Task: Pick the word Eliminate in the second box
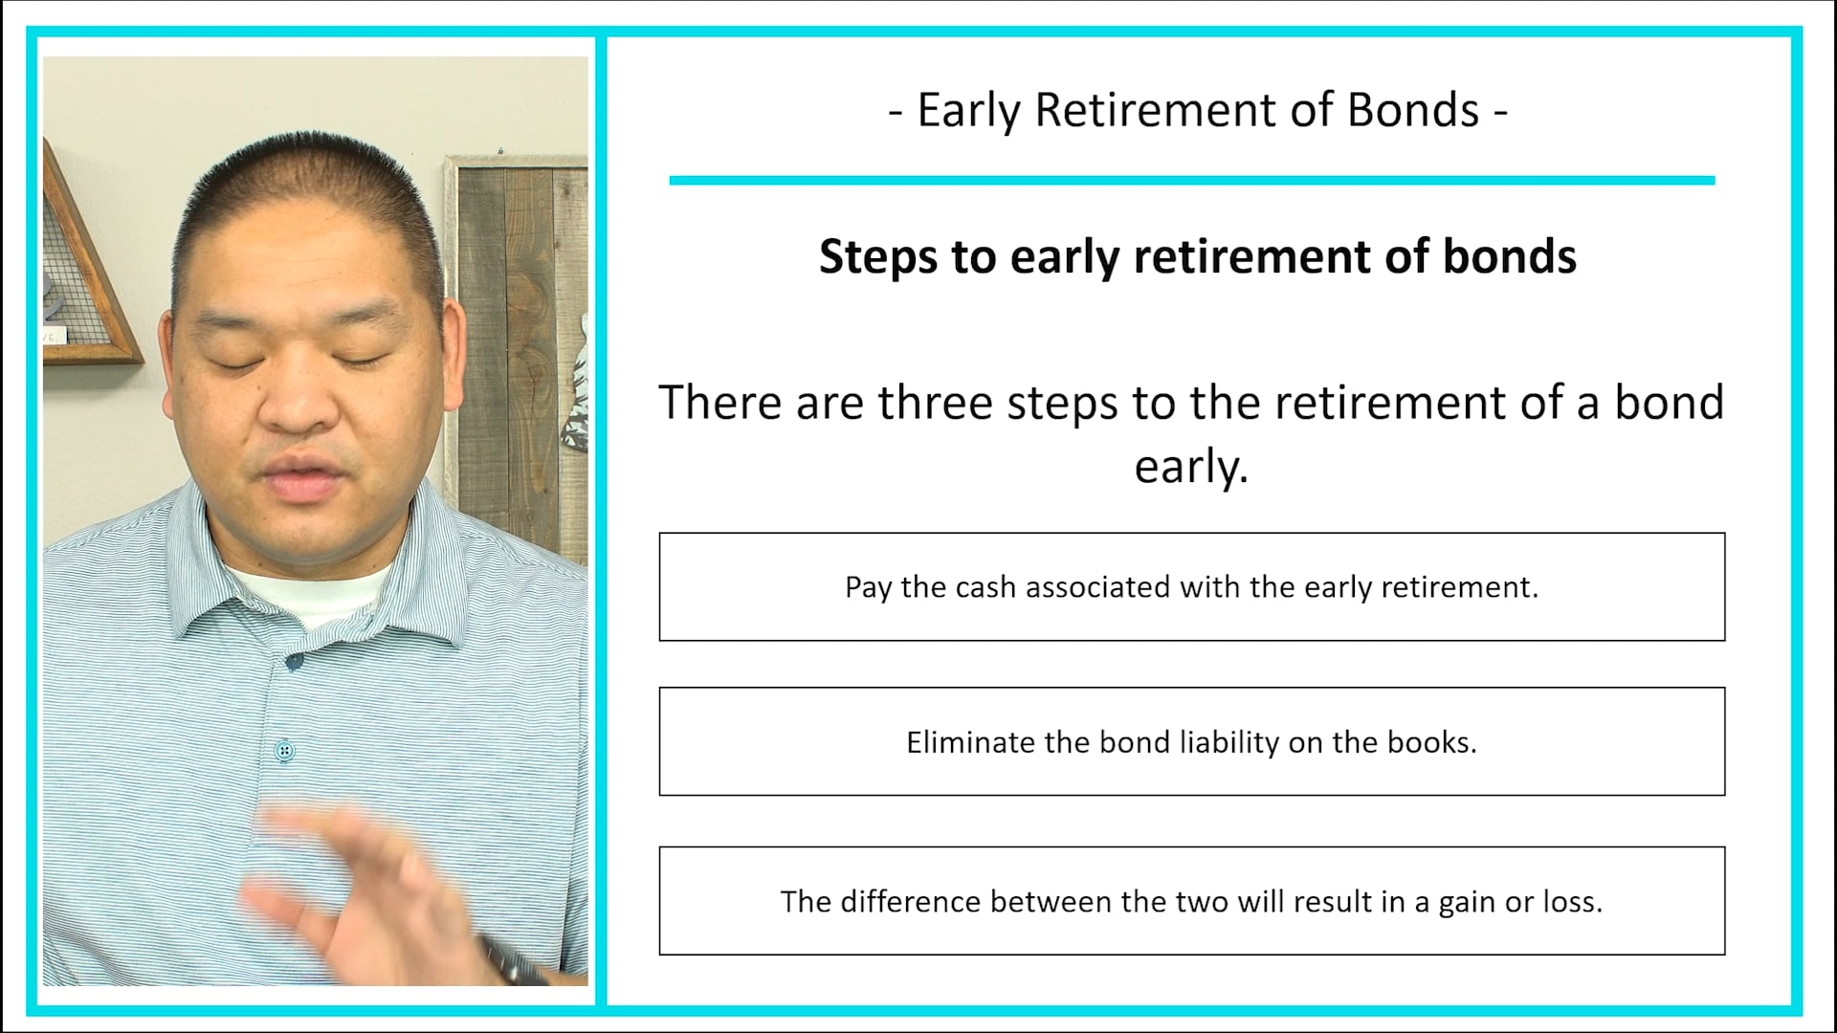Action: click(970, 742)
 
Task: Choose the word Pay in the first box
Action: click(868, 587)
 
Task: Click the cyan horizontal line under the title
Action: click(1191, 180)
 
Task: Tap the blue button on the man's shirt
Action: click(284, 751)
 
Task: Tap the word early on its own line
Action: click(1191, 468)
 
